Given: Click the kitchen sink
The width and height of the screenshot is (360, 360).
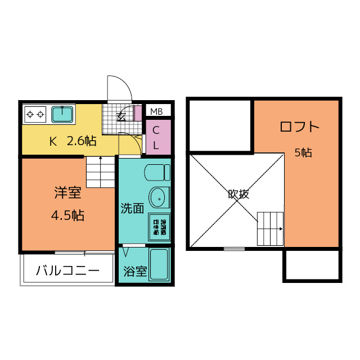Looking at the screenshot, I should click(62, 114).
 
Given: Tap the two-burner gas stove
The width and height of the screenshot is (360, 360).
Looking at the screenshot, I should click(35, 115).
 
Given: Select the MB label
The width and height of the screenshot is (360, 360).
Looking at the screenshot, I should click(156, 110).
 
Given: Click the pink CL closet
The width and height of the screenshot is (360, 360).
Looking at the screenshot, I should click(156, 137).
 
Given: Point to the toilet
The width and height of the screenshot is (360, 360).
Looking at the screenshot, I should click(157, 172).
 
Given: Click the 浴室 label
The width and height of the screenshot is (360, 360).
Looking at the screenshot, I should click(134, 271).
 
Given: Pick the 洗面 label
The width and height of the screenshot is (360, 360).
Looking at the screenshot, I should click(132, 209).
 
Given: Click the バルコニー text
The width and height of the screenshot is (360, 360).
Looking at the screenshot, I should click(67, 271).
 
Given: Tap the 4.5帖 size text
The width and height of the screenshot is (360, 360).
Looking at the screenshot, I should click(67, 215).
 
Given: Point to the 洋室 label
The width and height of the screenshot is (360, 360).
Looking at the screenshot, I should click(67, 193).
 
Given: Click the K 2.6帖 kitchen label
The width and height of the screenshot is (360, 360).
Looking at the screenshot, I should click(73, 141).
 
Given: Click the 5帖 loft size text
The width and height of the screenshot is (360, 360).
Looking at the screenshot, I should click(303, 152).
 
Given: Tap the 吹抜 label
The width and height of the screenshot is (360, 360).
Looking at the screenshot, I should click(238, 194).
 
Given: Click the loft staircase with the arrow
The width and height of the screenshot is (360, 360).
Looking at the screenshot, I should click(271, 229).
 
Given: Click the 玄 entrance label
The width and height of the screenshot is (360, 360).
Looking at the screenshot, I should click(121, 118).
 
